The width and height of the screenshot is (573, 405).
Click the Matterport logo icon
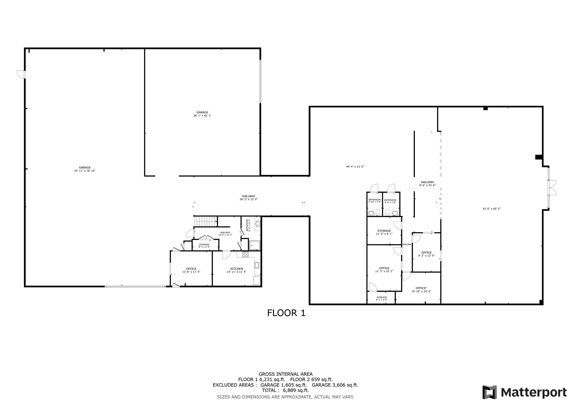point(490,392)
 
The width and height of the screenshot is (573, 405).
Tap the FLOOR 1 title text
point(286,313)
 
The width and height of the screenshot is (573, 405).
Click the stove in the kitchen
point(245,255)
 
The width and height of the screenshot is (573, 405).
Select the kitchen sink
point(257,265)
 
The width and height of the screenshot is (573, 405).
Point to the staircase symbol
point(206,221)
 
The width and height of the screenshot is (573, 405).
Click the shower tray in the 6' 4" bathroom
point(255,245)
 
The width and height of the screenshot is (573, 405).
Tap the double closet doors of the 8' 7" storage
point(206,238)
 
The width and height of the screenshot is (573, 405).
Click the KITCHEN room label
point(236,269)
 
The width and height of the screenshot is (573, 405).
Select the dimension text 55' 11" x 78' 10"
point(85,171)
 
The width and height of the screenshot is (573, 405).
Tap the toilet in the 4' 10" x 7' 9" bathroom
point(371,213)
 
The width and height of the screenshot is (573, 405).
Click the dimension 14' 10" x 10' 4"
point(421,291)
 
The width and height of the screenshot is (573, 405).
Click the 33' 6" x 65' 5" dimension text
point(491,209)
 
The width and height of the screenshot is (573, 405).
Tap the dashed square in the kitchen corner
point(257,280)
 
